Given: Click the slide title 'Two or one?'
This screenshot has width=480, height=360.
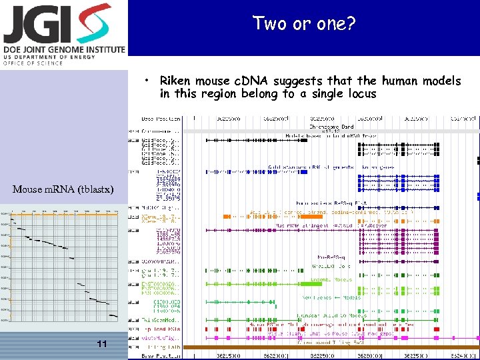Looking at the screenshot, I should coord(304,24).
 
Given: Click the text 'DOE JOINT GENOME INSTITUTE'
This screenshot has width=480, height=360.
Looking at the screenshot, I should coord(64,49).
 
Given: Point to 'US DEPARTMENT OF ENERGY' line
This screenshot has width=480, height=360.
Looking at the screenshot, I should coord(46,57).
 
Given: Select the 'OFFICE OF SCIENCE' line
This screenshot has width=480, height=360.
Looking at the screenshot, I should coord(33,63).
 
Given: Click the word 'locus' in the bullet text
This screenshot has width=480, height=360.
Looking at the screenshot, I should coord(361,94).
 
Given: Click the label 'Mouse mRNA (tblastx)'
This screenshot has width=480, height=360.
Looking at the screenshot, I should coord(63,189).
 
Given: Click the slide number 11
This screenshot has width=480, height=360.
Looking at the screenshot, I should coord(101,344).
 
